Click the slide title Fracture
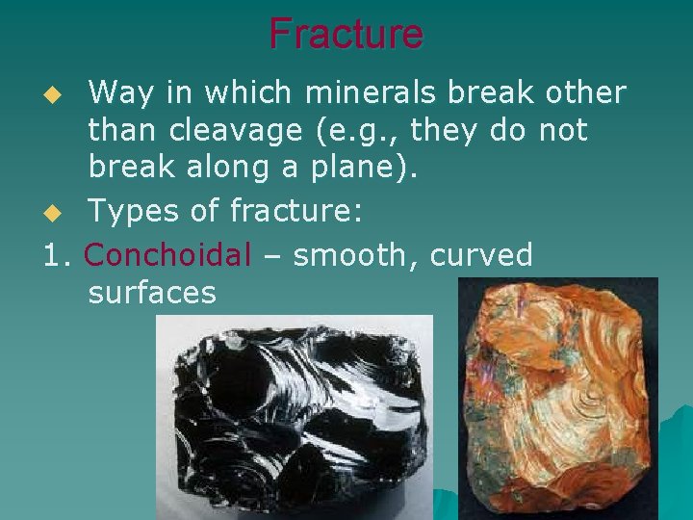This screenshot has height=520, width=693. tap(346, 34)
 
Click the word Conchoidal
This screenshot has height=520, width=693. tap(167, 255)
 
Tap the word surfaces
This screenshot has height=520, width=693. tap(152, 292)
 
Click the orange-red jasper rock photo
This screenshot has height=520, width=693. tap(557, 399)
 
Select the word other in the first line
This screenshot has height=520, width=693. tap(586, 93)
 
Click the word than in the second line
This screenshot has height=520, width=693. tap(121, 130)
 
